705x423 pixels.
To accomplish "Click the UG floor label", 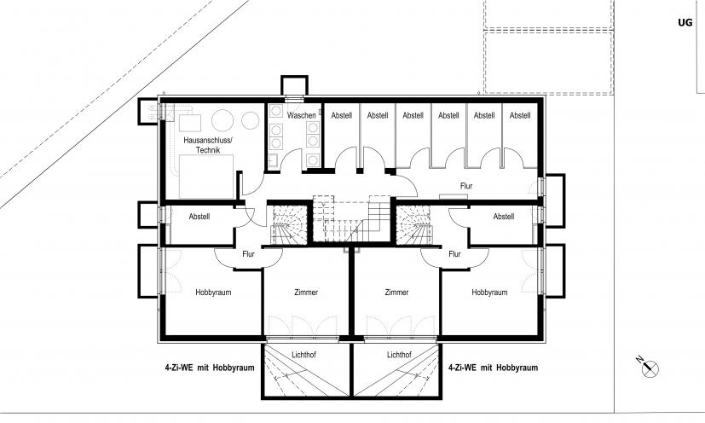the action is coord(685,22).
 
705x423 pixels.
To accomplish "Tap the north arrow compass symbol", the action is coord(649,368).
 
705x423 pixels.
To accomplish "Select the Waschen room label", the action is coord(301,116).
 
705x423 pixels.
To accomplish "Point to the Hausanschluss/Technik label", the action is coord(208,145).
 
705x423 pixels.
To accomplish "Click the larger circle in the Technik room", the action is coord(223,120).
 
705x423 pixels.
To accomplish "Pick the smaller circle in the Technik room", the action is coord(250,120).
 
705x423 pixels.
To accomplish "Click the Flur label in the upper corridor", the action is coord(466,186).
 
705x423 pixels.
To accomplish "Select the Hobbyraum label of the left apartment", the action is coord(213,293).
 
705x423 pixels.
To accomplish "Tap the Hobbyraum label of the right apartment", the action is coord(489,293).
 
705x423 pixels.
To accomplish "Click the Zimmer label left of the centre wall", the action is coord(306,293).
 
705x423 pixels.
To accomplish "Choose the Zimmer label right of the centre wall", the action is coord(396,293).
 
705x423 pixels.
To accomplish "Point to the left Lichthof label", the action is coord(303,355).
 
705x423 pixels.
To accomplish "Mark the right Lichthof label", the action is coord(399,355).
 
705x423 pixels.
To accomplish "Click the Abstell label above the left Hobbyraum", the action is coord(199,217).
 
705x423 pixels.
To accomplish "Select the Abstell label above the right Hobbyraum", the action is coord(504,217).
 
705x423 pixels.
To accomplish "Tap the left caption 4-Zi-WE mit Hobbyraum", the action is coord(210,368).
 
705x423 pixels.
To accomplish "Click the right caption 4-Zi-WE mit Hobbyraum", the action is coord(494,368).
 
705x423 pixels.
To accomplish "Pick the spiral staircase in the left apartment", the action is coord(289,224).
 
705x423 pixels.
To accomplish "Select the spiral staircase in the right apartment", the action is coord(414,224).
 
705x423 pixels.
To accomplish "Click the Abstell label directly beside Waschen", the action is coord(342,116).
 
